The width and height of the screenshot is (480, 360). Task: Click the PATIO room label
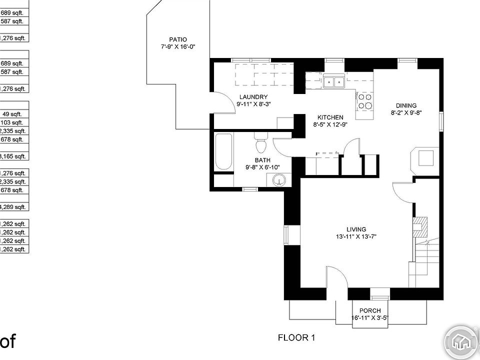tap(178, 39)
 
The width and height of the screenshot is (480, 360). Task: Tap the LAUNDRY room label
tap(253, 97)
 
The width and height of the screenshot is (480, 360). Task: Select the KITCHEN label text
tap(328, 117)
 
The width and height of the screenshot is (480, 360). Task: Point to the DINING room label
tap(406, 105)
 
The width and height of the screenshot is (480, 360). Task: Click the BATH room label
tap(262, 160)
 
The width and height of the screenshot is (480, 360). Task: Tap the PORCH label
tap(370, 311)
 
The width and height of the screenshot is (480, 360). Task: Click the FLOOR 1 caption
tap(296, 337)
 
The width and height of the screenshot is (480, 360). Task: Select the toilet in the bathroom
tap(260, 144)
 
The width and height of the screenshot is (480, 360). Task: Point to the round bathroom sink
tap(279, 179)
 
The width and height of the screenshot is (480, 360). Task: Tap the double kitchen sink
tap(332, 81)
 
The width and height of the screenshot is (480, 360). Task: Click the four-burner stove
tap(364, 101)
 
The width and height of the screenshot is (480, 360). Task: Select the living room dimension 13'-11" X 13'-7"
tap(356, 236)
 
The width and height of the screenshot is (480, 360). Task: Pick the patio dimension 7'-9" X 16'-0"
tap(177, 46)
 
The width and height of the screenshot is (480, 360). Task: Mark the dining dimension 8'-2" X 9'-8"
tap(406, 112)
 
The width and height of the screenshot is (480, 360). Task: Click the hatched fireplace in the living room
tap(420, 226)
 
